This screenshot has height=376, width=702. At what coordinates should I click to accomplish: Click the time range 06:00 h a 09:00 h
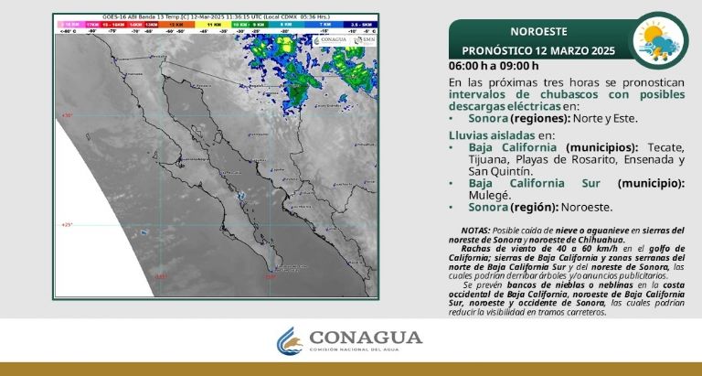pos(494,65)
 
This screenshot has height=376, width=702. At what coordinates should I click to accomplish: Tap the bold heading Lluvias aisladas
pos(491,134)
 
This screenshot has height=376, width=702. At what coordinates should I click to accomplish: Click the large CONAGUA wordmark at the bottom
pos(367,338)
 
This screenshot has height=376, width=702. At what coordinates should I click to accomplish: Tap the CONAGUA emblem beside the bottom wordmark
pos(290,343)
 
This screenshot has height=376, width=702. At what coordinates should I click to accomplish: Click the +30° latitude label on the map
pos(66,115)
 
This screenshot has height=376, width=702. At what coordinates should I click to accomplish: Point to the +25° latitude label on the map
pos(66,224)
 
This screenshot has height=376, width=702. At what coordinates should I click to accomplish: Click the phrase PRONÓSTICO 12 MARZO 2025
pos(537,48)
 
